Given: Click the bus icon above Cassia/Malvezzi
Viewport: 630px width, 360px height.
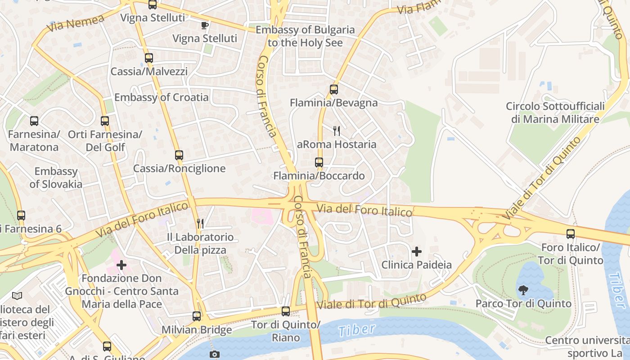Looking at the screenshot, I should (149, 58).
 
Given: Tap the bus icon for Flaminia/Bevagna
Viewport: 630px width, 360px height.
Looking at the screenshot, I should (333, 89).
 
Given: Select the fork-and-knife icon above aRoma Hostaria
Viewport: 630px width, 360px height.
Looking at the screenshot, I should (336, 131).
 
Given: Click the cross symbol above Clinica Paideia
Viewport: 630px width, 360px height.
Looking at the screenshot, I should (417, 251).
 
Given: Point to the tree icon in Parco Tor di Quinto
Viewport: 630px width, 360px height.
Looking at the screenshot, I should (523, 290).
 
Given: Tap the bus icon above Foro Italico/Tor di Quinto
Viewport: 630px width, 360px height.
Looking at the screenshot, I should (571, 234).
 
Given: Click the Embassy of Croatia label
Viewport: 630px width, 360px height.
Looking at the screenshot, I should (161, 97).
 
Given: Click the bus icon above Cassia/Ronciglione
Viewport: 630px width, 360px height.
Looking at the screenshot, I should (179, 155).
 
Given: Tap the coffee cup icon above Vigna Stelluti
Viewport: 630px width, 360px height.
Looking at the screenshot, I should (205, 25).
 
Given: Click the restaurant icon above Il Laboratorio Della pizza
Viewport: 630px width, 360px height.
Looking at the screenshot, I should (200, 223).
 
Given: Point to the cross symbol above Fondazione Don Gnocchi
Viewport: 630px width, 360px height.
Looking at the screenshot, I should (121, 265).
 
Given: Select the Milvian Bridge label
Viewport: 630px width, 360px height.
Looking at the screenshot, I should (197, 329).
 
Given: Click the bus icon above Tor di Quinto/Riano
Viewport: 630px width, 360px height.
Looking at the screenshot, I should (285, 311).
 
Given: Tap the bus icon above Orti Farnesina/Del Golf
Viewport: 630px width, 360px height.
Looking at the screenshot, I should (105, 121).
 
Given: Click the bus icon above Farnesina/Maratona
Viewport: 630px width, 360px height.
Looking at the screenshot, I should (34, 121).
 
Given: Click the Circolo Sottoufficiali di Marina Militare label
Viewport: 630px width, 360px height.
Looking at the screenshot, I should (555, 112).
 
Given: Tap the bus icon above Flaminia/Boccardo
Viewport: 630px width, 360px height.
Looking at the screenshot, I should (319, 162).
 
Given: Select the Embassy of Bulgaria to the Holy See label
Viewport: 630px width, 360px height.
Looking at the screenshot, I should (305, 36).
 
